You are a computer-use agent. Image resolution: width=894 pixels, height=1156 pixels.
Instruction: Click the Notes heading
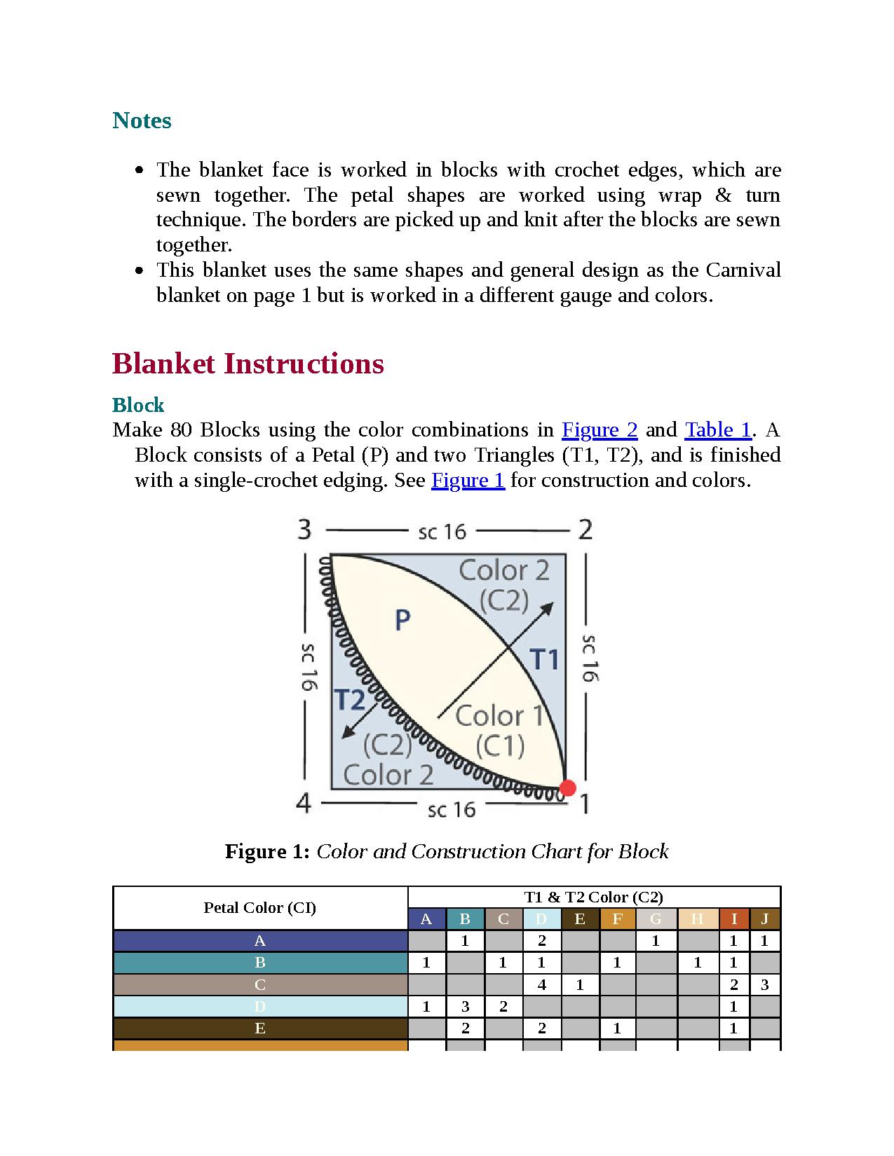(142, 121)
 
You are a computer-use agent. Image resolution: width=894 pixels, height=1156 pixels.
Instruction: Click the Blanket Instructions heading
(248, 364)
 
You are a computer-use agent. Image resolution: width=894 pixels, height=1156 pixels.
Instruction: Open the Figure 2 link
(600, 429)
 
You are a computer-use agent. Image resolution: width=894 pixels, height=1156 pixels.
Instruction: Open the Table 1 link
(717, 429)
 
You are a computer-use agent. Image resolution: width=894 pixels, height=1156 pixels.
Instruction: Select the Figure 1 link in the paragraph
(468, 480)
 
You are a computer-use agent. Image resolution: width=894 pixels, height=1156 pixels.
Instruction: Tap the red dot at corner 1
(567, 787)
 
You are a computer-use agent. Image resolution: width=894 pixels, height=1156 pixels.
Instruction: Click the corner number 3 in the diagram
(304, 530)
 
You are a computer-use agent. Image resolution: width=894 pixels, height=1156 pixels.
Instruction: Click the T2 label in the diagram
(349, 699)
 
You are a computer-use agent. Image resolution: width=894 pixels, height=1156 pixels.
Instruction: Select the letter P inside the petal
(402, 619)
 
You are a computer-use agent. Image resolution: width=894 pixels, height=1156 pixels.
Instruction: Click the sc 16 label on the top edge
(442, 532)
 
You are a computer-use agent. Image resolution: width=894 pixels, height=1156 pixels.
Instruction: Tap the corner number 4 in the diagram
(304, 803)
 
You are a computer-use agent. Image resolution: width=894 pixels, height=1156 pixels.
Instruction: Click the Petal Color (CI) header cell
(259, 908)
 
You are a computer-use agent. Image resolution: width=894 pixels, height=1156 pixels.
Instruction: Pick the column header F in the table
(617, 919)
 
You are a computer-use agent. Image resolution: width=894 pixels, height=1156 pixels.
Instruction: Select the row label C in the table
(259, 984)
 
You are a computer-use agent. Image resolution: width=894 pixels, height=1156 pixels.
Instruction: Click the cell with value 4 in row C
(541, 984)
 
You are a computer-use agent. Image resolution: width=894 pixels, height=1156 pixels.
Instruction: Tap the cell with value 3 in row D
(464, 1007)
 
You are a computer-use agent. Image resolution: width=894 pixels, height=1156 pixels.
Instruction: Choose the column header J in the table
(764, 919)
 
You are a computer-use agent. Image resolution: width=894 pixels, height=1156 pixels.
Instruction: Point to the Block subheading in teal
(138, 405)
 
